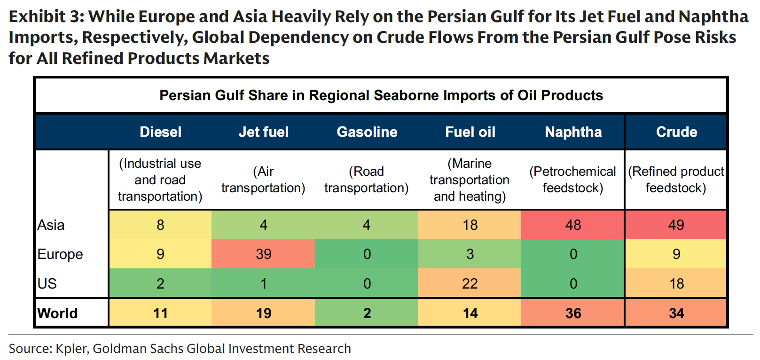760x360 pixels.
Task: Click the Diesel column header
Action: click(160, 132)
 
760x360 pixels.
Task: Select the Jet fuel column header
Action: click(263, 132)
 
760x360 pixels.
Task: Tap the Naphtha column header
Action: click(573, 132)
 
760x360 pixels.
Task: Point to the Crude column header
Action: click(676, 132)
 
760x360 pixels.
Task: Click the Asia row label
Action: click(51, 225)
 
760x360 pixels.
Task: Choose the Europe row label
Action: click(60, 254)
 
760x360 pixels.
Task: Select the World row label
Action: click(57, 313)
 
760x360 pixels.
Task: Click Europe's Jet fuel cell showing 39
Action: click(263, 254)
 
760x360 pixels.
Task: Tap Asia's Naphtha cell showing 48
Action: click(573, 225)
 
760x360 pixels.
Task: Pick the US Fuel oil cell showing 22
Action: click(470, 283)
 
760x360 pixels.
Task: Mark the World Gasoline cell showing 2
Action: click(367, 313)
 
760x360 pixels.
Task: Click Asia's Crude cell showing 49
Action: click(676, 225)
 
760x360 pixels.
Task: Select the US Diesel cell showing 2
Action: click(160, 283)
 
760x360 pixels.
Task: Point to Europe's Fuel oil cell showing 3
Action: click(470, 254)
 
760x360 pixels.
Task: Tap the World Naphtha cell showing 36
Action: click(573, 313)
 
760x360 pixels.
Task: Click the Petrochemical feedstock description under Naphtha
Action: click(572, 180)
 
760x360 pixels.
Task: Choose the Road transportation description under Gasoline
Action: click(366, 180)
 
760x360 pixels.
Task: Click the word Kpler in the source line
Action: click(71, 349)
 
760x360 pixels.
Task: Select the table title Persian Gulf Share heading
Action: click(381, 95)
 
